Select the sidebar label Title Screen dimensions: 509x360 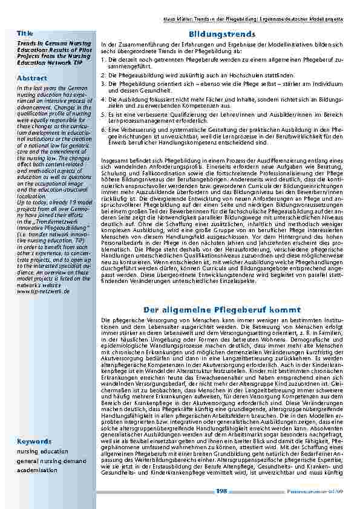click(25, 32)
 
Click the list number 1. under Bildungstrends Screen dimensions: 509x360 click(103, 60)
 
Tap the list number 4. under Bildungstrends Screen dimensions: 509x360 click(103, 98)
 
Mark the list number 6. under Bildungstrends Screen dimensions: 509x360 click(103, 129)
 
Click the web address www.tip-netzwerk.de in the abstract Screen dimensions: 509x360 click(44, 291)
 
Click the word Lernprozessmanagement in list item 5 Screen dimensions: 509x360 click(140, 121)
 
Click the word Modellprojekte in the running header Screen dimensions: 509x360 click(327, 19)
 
